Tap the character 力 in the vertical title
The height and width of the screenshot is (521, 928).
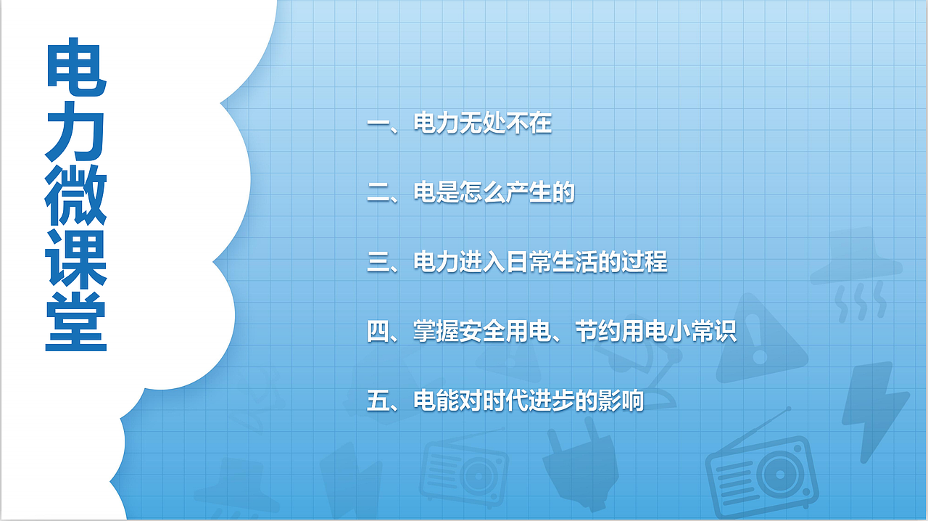[76, 134]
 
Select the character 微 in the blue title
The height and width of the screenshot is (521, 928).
[76, 197]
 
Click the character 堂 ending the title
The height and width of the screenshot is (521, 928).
[76, 323]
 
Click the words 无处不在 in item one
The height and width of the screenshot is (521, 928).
[505, 124]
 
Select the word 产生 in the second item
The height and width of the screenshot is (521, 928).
[529, 194]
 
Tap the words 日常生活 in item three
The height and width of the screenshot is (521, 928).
[529, 263]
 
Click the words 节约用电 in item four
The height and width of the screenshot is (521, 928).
[621, 332]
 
